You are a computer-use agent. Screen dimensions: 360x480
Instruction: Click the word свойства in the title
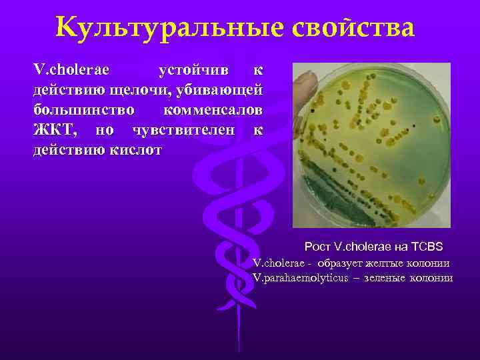tap(353, 28)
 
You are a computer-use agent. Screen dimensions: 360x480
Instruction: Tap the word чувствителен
tap(184, 129)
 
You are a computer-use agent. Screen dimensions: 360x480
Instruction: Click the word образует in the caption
tap(337, 263)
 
